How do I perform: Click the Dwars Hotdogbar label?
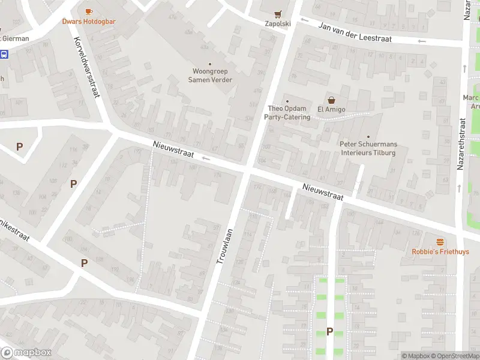coord(89,22)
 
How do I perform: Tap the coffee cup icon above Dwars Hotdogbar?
coord(89,11)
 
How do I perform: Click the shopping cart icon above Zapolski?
coord(277,14)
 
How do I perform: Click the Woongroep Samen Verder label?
coord(210,76)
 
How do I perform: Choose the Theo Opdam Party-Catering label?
coord(287,113)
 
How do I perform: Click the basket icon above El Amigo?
coord(330,100)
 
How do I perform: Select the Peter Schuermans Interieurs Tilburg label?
coord(368,148)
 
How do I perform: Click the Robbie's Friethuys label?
coord(440,252)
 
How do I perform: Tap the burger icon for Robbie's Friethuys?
coord(440,242)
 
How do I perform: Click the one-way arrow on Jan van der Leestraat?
coord(422,41)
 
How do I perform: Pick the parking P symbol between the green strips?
coord(329,331)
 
